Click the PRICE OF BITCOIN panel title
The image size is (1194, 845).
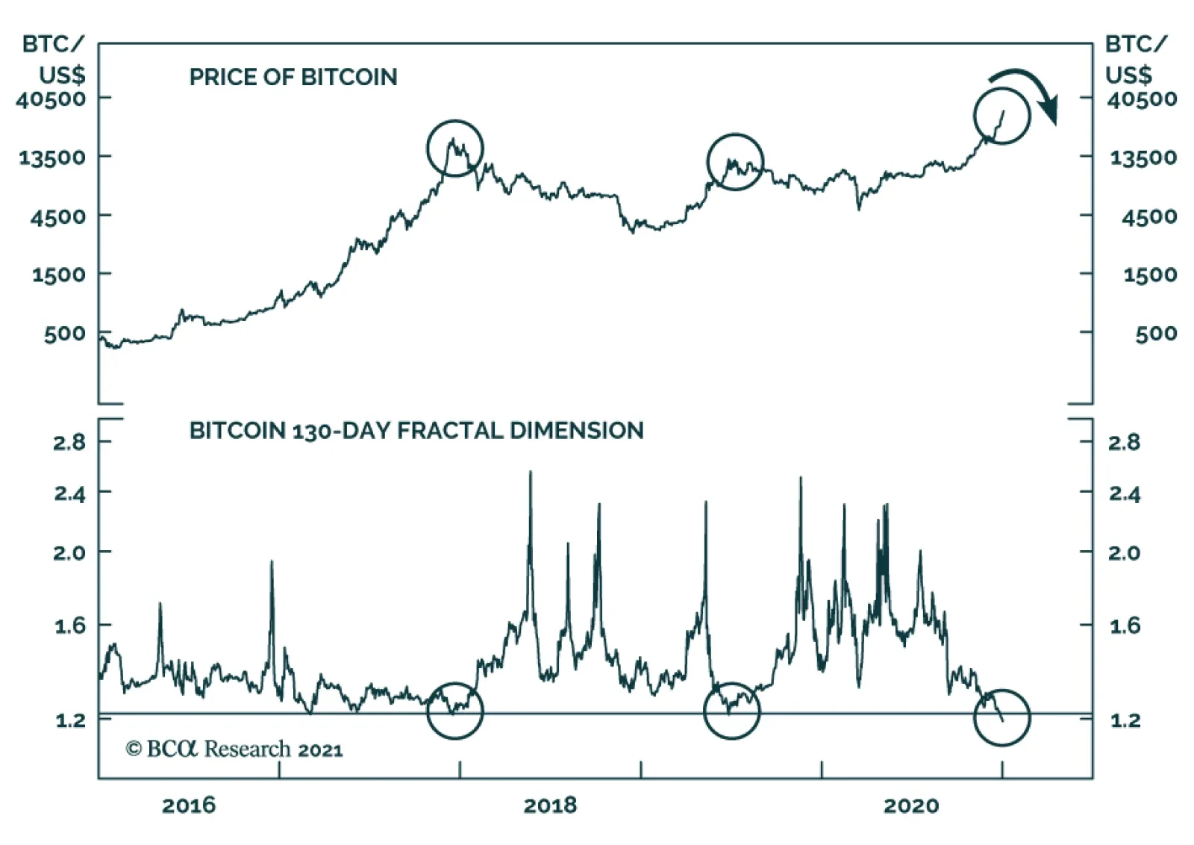293,77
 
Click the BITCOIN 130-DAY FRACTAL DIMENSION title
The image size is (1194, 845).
416,431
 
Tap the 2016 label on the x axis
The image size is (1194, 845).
189,805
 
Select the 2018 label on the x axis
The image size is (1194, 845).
550,805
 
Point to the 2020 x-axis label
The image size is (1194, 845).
910,805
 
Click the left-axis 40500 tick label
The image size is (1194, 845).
51,99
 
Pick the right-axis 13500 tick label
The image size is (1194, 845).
1143,158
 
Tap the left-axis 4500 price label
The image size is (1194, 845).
58,216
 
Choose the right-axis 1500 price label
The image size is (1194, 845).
1149,275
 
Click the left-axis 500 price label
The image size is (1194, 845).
64,334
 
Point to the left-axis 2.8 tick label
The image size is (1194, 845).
69,443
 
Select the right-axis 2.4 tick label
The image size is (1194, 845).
1124,493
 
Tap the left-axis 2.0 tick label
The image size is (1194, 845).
69,553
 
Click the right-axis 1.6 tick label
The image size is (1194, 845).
1124,626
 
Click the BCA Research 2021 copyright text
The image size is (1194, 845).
234,749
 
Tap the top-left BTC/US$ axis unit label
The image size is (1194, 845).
54,60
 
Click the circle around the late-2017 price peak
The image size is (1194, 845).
455,148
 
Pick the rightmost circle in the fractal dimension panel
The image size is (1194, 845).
1002,717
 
